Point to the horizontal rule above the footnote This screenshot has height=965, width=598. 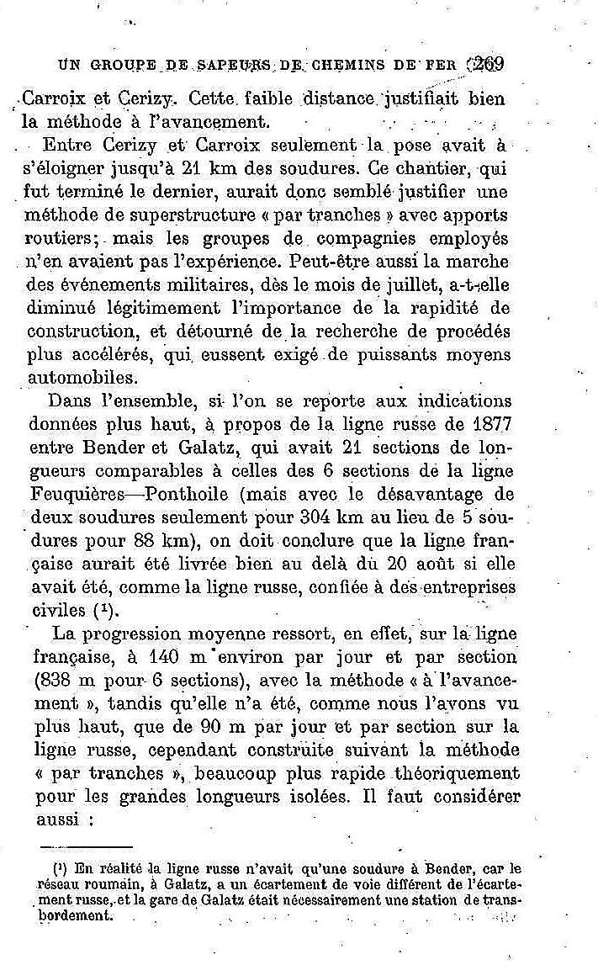(87, 847)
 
